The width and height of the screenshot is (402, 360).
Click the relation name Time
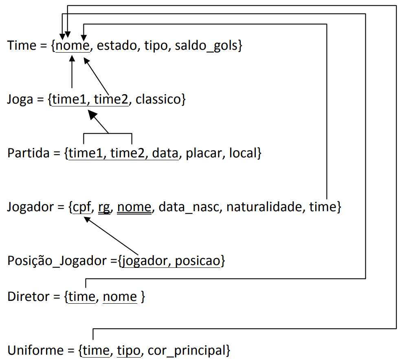pyautogui.click(x=22, y=45)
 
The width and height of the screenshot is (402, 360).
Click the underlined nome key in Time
pyautogui.click(x=72, y=46)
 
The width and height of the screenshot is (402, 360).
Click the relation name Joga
pyautogui.click(x=20, y=99)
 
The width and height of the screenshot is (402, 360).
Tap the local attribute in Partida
pyautogui.click(x=243, y=153)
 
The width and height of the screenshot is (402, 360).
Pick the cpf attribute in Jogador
pyautogui.click(x=82, y=208)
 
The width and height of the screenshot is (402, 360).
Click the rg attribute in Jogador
pyautogui.click(x=105, y=208)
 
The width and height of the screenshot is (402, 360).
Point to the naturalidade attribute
pyautogui.click(x=265, y=208)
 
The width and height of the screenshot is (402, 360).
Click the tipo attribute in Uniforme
pyautogui.click(x=128, y=350)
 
